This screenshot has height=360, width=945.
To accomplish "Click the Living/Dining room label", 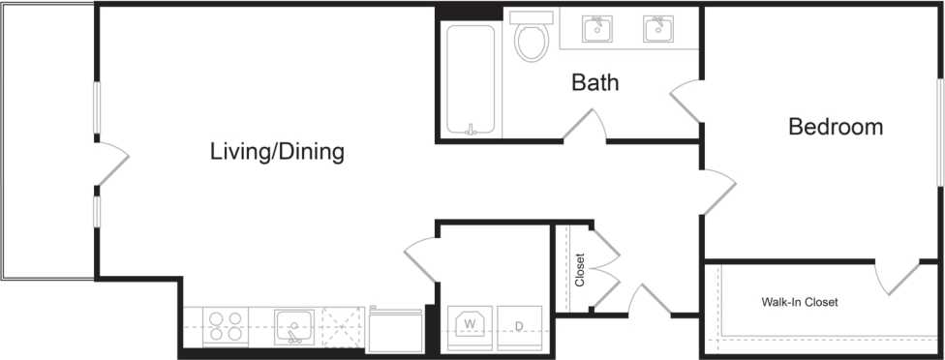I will pyautogui.click(x=278, y=152).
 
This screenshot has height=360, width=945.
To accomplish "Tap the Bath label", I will pyautogui.click(x=594, y=82).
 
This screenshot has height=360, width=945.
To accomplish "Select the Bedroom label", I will pyautogui.click(x=836, y=127).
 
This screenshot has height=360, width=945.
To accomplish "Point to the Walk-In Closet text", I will pyautogui.click(x=799, y=302).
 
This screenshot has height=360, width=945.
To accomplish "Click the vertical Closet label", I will pyautogui.click(x=580, y=270).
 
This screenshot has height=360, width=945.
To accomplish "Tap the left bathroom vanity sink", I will pyautogui.click(x=598, y=30).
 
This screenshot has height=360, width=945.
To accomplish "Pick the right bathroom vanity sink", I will pyautogui.click(x=659, y=30).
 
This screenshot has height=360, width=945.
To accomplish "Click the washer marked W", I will pyautogui.click(x=470, y=327).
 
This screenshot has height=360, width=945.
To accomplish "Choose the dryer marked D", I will pyautogui.click(x=520, y=327).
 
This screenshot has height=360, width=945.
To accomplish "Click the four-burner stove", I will pyautogui.click(x=226, y=324).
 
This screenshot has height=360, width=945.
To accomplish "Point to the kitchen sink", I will pyautogui.click(x=292, y=324).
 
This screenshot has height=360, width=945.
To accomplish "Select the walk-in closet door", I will pyautogui.click(x=898, y=278).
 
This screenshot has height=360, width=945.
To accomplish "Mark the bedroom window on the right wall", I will pyautogui.click(x=939, y=129).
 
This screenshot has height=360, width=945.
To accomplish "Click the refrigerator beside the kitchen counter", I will pyautogui.click(x=395, y=329).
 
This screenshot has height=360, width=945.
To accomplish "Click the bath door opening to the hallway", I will pyautogui.click(x=587, y=126).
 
